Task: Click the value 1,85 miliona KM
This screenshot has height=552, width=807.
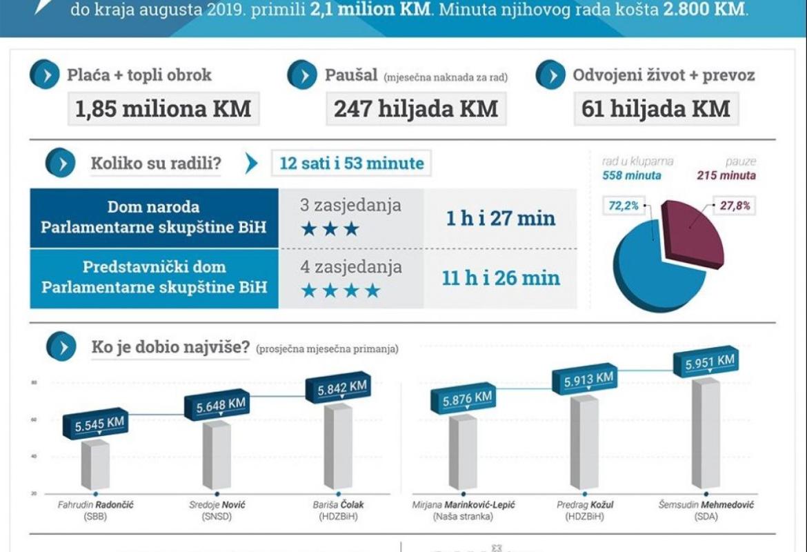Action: pos(163,109)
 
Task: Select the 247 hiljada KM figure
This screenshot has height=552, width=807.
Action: pos(415,109)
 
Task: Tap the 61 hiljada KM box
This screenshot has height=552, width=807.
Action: pos(655,109)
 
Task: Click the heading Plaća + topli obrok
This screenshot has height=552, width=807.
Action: pos(139,75)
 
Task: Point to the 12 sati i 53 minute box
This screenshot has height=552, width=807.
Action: pos(351,164)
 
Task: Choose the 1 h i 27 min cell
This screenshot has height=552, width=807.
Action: pos(500,218)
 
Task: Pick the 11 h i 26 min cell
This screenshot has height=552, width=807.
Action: pos(500,278)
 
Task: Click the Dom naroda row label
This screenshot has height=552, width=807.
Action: pos(153,217)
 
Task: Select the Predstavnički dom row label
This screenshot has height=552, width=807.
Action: pos(153,277)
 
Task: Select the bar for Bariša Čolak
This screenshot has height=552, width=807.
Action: pos(337,447)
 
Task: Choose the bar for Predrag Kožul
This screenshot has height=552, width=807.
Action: pos(584,442)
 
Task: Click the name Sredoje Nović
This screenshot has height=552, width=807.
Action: pos(217,504)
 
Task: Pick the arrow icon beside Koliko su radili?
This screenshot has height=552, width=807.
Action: pos(60,164)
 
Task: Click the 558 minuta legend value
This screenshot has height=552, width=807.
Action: pos(632,175)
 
